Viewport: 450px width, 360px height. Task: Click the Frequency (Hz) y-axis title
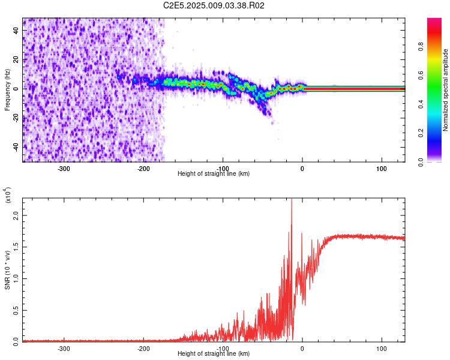point(7,90)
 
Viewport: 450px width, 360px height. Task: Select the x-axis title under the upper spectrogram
point(214,173)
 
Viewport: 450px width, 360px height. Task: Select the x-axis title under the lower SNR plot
point(214,353)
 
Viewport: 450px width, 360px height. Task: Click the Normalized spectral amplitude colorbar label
point(446,90)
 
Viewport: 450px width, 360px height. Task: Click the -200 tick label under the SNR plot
point(143,348)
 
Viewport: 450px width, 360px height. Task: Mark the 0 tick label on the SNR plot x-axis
point(302,348)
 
